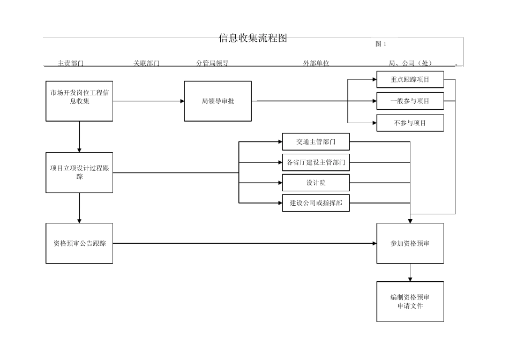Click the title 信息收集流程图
pyautogui.click(x=253, y=38)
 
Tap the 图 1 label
pyautogui.click(x=380, y=44)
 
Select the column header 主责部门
pyautogui.click(x=71, y=63)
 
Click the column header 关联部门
pyautogui.click(x=146, y=63)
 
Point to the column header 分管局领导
pyautogui.click(x=212, y=63)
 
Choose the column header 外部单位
pyautogui.click(x=316, y=63)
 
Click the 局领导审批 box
pyautogui.click(x=218, y=101)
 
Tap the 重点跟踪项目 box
pyautogui.click(x=410, y=80)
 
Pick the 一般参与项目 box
pyautogui.click(x=410, y=101)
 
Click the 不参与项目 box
pyautogui.click(x=410, y=123)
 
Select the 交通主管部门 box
pyautogui.click(x=316, y=141)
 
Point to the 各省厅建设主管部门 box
pyautogui.click(x=316, y=162)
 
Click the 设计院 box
pyautogui.click(x=316, y=183)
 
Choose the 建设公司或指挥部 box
pyautogui.click(x=316, y=203)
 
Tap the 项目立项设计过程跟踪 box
pyautogui.click(x=79, y=172)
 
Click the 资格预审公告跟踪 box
pyautogui.click(x=79, y=243)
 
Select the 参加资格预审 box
pyautogui.click(x=410, y=243)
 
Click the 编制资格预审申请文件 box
pyautogui.click(x=410, y=302)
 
